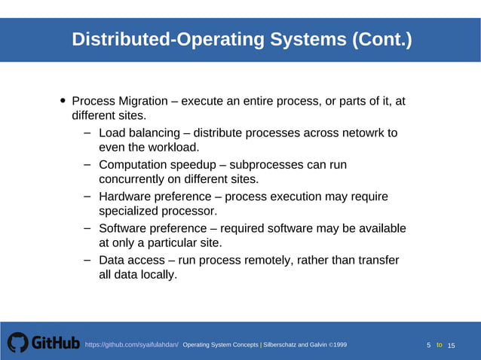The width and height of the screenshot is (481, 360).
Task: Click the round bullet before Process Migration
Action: tap(63, 101)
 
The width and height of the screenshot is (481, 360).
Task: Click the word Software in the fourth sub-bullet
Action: tap(125, 228)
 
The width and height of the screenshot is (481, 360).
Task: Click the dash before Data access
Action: tap(87, 260)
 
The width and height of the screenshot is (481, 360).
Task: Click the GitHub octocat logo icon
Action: tap(17, 343)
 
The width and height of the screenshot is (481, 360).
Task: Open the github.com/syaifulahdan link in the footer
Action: tap(131, 345)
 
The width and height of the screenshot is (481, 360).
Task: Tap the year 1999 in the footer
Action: tap(338, 345)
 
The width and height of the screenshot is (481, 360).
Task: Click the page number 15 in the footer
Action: tap(452, 345)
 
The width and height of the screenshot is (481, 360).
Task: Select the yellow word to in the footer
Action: tap(439, 345)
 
